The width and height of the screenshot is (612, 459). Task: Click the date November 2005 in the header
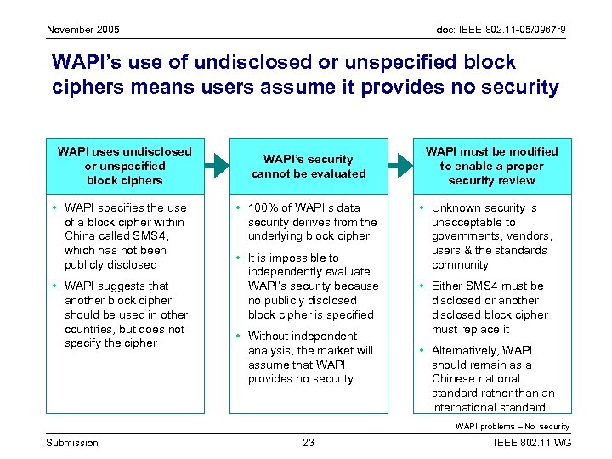pyautogui.click(x=83, y=30)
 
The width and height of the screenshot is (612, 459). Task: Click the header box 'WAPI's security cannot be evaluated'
pyautogui.click(x=308, y=166)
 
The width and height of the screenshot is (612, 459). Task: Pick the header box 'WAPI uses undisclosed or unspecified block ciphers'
pyautogui.click(x=125, y=166)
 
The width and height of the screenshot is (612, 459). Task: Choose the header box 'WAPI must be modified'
pyautogui.click(x=492, y=166)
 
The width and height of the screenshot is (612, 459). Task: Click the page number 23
pyautogui.click(x=308, y=442)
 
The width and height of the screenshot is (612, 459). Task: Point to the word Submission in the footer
pyautogui.click(x=72, y=442)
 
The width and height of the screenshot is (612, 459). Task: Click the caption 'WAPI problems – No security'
pyautogui.click(x=512, y=426)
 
